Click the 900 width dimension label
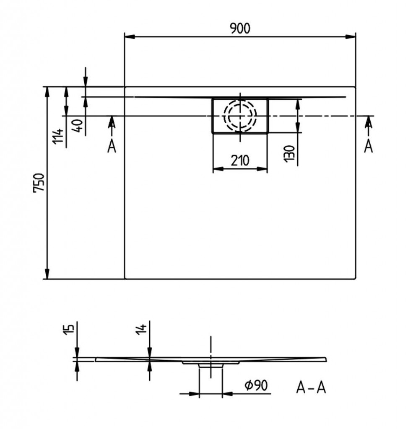click(240, 29)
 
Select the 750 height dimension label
click(39, 183)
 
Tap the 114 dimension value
click(58, 136)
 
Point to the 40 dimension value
click(78, 126)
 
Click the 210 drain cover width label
click(240, 160)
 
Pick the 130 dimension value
click(289, 154)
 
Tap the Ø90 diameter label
click(256, 385)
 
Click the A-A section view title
click(311, 388)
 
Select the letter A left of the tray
click(112, 147)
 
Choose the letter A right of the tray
click(369, 146)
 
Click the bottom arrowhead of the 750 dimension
click(47, 274)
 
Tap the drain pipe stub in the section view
click(210, 365)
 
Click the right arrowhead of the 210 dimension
click(262, 169)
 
